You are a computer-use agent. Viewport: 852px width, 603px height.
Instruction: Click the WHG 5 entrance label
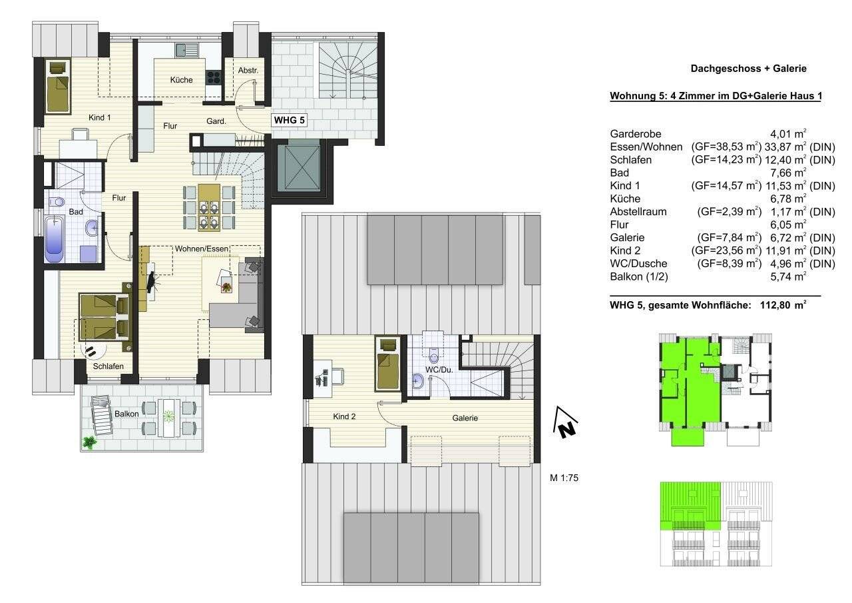point(290,121)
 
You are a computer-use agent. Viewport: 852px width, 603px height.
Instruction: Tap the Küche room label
point(181,80)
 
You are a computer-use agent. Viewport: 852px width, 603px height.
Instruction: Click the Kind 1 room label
point(99,117)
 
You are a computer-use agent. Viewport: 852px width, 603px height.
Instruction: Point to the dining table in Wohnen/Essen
point(209,207)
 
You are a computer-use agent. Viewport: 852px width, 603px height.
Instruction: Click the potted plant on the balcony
point(89,442)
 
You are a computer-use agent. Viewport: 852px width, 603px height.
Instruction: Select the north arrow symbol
point(565,424)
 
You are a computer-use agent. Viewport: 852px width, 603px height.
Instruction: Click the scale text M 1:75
point(564,477)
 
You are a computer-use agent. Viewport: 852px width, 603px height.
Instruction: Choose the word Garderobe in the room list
point(635,134)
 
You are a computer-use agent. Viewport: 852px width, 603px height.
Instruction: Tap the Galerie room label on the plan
point(465,418)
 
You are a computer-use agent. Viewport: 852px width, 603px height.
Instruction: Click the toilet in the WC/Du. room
point(435,356)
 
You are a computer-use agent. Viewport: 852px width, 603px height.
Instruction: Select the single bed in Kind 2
point(387,365)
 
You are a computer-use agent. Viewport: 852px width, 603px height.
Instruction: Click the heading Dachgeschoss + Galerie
point(748,69)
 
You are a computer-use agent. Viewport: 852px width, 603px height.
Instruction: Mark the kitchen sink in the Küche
point(186,50)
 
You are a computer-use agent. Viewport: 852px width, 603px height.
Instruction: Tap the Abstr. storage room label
point(248,70)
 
